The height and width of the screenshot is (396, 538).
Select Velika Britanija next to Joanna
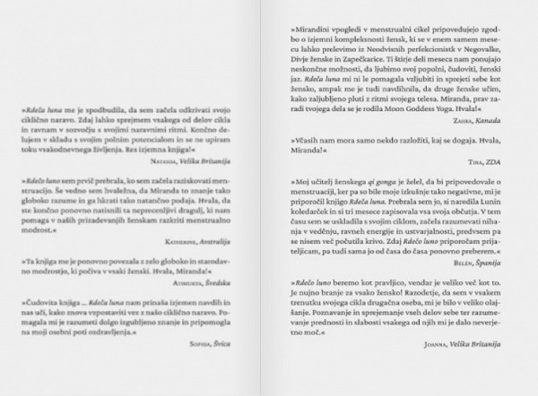pos(474,343)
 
